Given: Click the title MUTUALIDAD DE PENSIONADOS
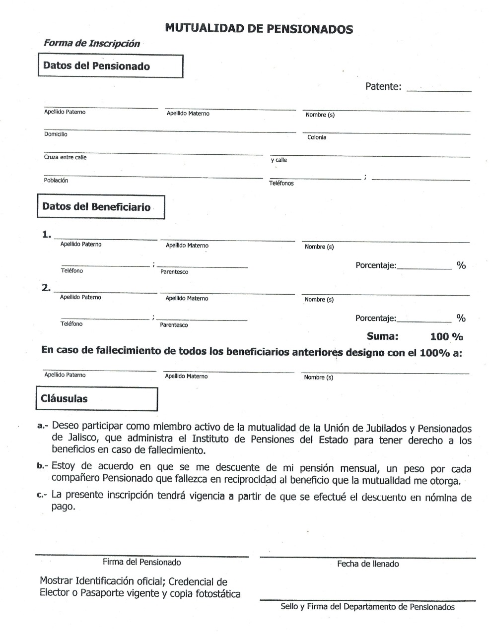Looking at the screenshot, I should (259, 29).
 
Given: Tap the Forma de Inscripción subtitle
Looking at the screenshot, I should (92, 44).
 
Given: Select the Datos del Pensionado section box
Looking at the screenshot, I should (110, 66).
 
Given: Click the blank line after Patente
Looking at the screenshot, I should (438, 89).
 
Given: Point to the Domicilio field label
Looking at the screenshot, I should (56, 134).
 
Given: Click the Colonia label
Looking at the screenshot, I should (317, 137).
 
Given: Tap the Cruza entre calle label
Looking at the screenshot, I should (65, 157).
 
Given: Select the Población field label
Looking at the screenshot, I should (56, 181).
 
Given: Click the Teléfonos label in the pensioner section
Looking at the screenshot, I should (281, 184).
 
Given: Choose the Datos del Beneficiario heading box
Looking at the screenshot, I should (101, 207).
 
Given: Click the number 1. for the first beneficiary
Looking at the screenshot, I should (47, 235).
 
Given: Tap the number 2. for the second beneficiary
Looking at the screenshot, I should (47, 288).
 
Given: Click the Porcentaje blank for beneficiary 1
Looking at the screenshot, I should (424, 266).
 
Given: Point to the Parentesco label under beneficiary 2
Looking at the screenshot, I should (174, 325).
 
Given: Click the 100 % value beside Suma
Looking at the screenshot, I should (446, 337).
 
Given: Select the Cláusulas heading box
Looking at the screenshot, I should (96, 399).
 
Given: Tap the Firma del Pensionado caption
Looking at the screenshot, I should (141, 563).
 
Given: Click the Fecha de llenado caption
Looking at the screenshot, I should (368, 564).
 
